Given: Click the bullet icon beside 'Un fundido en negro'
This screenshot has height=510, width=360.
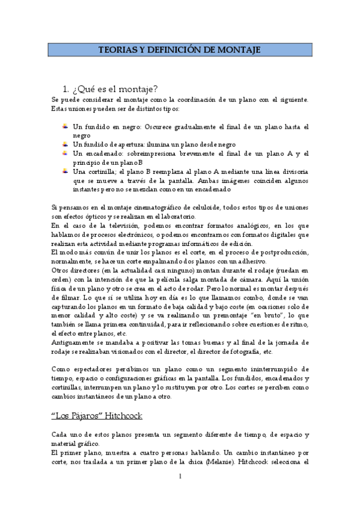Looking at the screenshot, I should (x=65, y=127).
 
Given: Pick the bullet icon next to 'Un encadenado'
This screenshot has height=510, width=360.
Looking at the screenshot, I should (x=65, y=153).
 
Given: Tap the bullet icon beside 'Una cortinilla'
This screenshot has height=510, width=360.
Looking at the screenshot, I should (x=65, y=171).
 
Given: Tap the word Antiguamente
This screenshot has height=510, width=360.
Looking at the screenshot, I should (x=74, y=342).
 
